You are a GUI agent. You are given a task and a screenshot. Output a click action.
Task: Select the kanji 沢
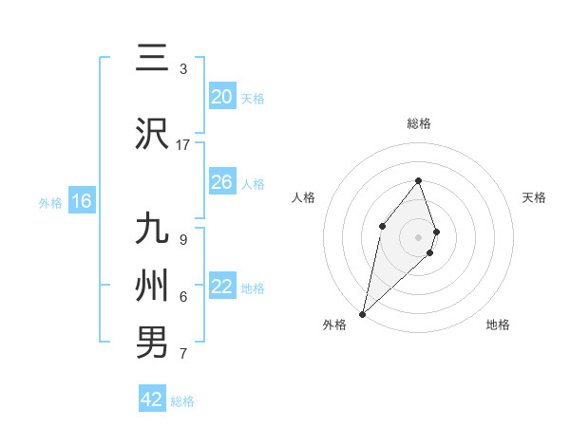click(152, 134)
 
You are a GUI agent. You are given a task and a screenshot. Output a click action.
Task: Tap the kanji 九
click(152, 229)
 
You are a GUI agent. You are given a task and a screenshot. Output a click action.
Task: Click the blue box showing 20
click(221, 97)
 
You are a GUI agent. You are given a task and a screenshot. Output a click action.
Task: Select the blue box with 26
click(221, 182)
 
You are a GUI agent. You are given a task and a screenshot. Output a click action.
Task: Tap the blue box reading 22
click(221, 287)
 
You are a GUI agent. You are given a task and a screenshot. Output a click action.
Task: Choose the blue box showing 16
click(81, 201)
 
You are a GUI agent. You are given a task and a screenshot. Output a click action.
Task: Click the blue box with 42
click(152, 400)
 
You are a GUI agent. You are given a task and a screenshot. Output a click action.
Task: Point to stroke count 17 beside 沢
click(183, 144)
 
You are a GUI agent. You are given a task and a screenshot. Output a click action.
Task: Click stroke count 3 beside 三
click(183, 69)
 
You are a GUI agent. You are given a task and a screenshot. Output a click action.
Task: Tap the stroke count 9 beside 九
click(183, 239)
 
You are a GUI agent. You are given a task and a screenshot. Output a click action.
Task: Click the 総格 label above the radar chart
click(419, 123)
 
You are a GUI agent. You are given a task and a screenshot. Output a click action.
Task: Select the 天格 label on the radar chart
click(535, 197)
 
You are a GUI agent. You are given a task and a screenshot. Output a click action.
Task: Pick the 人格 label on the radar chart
click(303, 197)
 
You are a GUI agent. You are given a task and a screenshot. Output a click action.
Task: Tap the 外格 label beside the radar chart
click(334, 325)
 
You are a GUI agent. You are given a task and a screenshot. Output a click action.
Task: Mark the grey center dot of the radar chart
click(419, 235)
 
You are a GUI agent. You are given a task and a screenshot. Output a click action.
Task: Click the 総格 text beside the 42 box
click(182, 401)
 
